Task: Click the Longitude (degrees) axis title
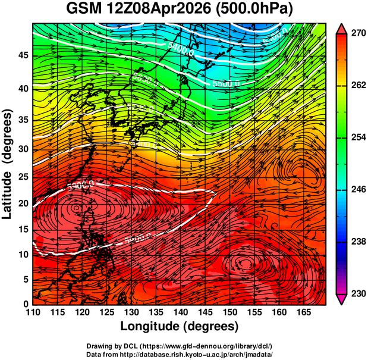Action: pyautogui.click(x=180, y=326)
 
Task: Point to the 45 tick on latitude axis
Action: pyautogui.click(x=23, y=55)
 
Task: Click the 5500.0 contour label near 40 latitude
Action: pyautogui.click(x=227, y=84)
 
